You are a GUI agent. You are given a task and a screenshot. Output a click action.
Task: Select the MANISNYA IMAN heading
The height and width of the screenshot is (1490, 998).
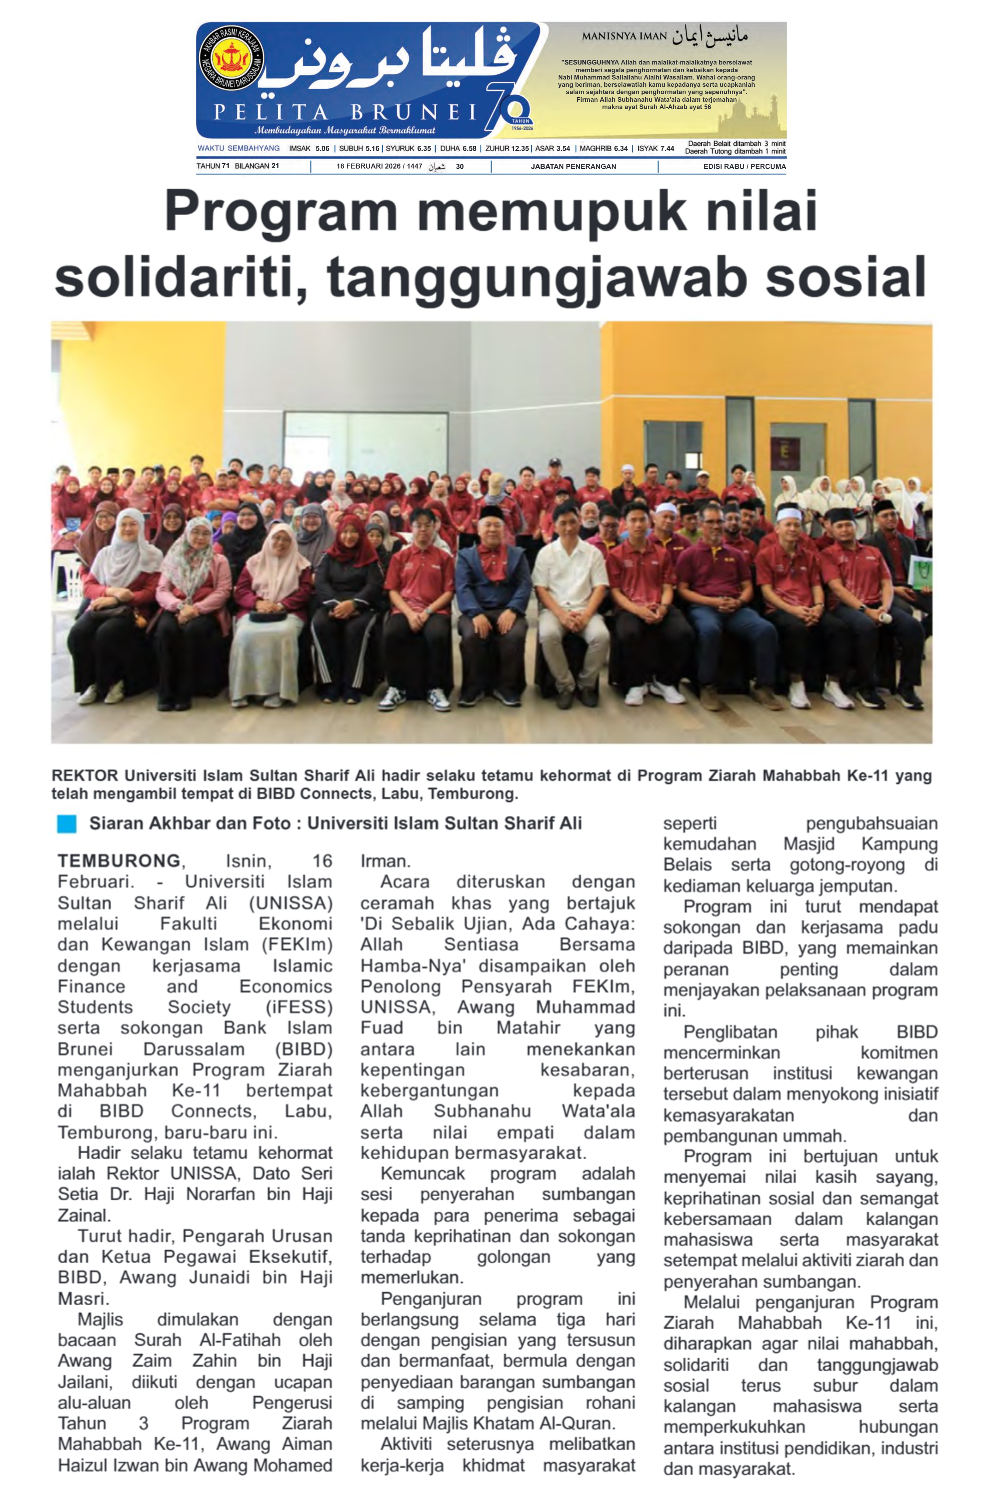624,36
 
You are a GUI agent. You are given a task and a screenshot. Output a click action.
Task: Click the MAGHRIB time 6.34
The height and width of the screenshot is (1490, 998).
621,148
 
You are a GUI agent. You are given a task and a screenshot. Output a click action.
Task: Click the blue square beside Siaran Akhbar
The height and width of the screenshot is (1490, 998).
66,823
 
